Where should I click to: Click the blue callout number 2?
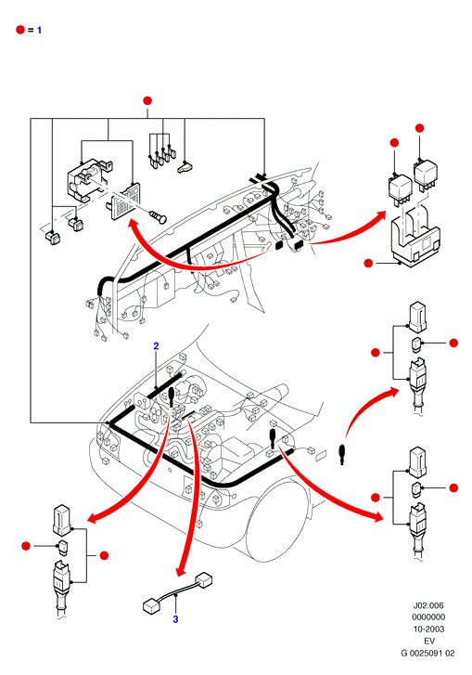click(156, 346)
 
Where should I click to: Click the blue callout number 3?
click(175, 619)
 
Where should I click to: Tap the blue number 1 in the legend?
click(39, 30)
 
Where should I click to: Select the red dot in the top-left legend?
click(20, 30)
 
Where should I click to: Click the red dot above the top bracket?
click(147, 100)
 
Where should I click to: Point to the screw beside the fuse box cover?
click(158, 216)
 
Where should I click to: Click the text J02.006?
click(428, 605)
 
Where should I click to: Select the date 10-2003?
click(428, 629)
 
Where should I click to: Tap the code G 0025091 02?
click(427, 653)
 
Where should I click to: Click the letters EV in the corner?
click(429, 641)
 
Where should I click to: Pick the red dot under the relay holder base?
click(368, 263)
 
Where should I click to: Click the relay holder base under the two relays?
click(415, 242)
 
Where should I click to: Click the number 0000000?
click(428, 617)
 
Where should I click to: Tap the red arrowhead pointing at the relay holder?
click(379, 215)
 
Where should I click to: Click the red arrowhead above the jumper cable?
click(181, 571)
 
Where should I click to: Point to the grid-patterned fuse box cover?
click(123, 201)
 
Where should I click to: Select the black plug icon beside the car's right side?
click(342, 455)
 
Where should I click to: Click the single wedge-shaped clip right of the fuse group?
click(185, 167)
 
